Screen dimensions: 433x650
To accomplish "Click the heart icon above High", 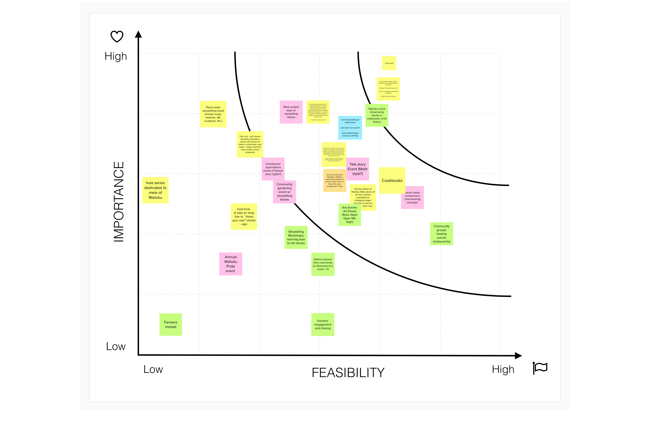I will [x=117, y=37].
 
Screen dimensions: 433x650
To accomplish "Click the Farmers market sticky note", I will [x=170, y=325].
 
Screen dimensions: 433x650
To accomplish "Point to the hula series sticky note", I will [x=155, y=190].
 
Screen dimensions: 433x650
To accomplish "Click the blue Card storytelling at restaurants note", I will [x=350, y=128].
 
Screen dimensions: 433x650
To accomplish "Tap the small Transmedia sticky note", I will [x=389, y=63].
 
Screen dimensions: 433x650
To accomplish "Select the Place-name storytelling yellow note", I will [x=213, y=114].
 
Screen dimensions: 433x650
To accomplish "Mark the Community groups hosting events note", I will [x=441, y=234].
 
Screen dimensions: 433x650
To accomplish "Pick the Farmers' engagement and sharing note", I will [x=323, y=325].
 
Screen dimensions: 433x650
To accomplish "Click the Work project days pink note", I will [x=291, y=112].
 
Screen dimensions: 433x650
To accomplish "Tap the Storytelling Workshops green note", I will [x=296, y=237].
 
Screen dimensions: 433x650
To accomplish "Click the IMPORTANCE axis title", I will [x=119, y=202].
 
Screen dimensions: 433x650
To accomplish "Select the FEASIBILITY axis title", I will [x=348, y=373].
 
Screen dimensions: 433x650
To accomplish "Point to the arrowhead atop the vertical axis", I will [x=138, y=34].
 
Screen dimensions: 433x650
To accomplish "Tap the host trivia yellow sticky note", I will [x=244, y=217].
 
